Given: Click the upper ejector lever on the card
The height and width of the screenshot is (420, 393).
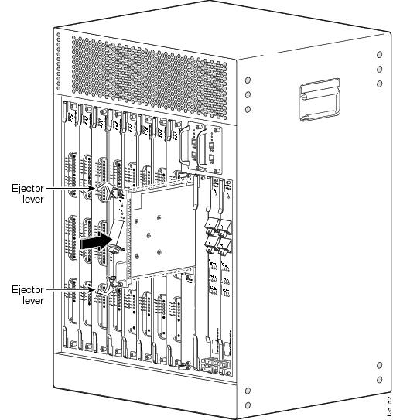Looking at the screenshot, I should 104,193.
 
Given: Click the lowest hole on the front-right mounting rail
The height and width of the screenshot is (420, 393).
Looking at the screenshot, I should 246,404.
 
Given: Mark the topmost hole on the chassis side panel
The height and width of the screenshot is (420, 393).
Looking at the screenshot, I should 378,55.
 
